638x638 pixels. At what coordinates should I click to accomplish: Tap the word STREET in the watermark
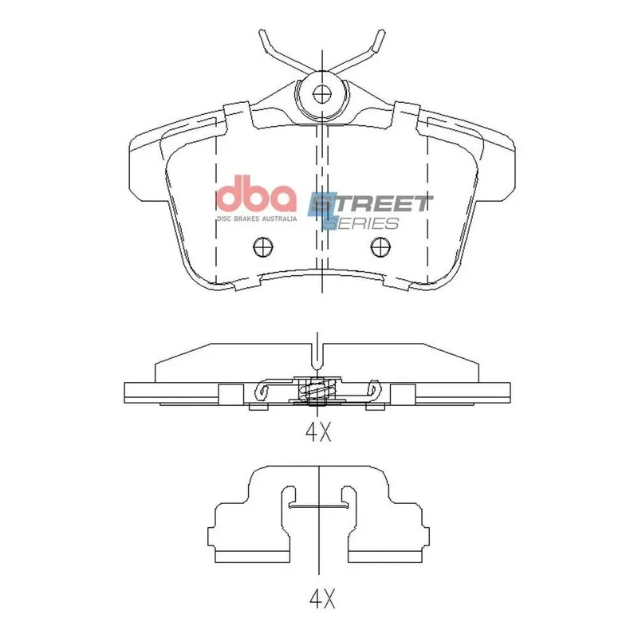(370, 204)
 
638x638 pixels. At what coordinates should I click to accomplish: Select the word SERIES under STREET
(364, 223)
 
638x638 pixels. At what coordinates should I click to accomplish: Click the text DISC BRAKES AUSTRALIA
(256, 219)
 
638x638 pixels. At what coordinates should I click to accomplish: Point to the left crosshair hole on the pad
(263, 246)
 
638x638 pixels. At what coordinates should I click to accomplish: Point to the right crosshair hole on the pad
(380, 246)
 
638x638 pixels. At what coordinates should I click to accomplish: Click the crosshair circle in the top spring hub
(322, 95)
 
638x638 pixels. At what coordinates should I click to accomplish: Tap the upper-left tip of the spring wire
(262, 31)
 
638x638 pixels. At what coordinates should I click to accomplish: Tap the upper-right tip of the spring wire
(381, 31)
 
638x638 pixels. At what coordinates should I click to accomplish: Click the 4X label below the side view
(318, 431)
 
